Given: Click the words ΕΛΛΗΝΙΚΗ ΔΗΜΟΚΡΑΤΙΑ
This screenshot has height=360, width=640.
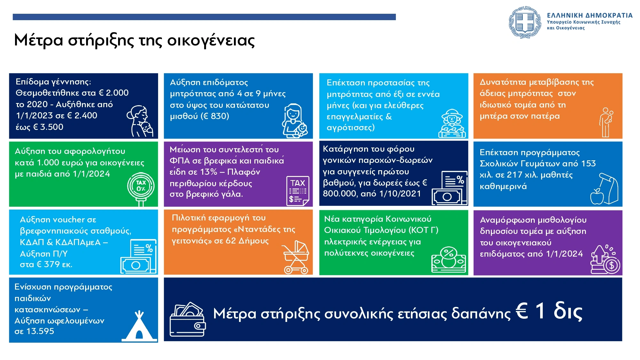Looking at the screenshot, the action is click(x=590, y=15).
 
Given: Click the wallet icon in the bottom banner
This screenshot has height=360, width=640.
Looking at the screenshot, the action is click(x=188, y=319).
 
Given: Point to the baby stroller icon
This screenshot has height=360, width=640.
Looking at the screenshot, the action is click(x=295, y=257).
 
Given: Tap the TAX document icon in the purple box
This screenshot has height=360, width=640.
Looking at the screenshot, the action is click(x=298, y=191).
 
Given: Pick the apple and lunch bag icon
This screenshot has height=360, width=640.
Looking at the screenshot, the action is click(x=604, y=189).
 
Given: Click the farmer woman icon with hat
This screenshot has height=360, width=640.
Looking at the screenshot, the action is click(x=452, y=124).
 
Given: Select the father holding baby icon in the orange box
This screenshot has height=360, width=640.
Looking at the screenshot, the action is click(x=606, y=122).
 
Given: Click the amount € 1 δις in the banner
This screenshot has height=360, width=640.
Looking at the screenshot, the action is click(x=549, y=311).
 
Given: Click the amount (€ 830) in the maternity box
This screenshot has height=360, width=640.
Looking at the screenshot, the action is click(x=215, y=116).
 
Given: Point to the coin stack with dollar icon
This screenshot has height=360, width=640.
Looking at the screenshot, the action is click(x=605, y=260).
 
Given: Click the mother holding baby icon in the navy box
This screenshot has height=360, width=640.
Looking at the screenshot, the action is click(x=140, y=121).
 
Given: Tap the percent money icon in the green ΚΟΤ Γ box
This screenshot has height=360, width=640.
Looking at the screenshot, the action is click(x=448, y=260).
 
